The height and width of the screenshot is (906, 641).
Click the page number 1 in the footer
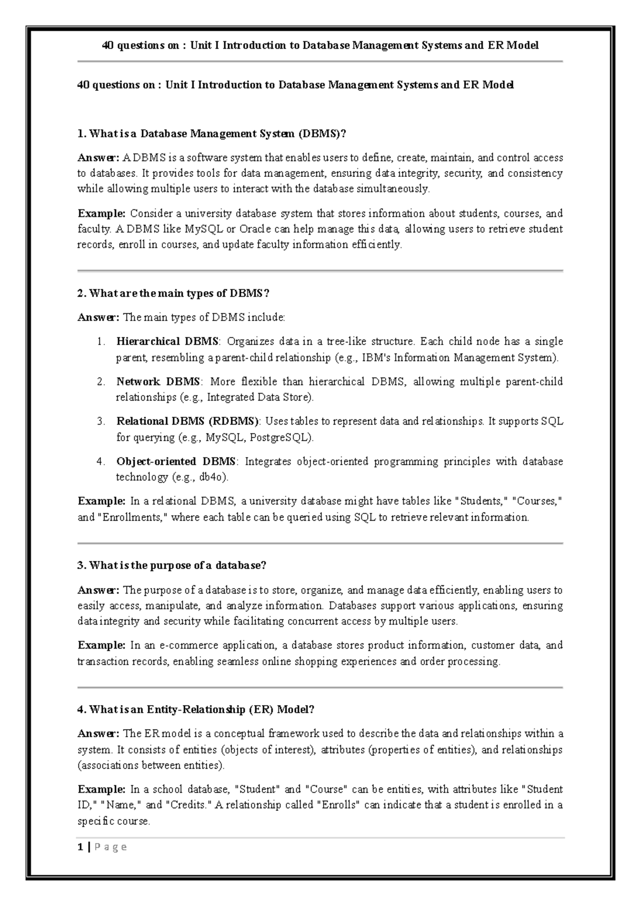click(80, 847)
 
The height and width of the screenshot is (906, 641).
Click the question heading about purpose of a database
click(171, 565)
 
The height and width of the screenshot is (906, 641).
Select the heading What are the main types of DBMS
click(174, 293)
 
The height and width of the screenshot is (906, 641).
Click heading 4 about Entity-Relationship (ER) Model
click(196, 709)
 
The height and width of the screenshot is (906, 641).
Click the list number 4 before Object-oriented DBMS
click(100, 461)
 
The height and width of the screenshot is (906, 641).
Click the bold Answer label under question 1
click(98, 158)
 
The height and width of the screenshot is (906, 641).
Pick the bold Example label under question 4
click(101, 789)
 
